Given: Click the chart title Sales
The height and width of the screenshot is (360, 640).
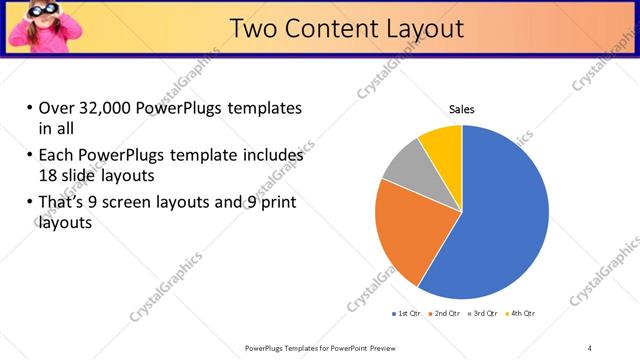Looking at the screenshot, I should pos(461,109).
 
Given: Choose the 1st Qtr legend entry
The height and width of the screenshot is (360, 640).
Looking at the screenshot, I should pos(406,314).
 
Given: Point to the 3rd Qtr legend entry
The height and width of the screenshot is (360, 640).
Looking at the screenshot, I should pos(480,314).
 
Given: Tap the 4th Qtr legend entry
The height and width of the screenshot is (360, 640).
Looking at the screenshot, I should pos(518,314).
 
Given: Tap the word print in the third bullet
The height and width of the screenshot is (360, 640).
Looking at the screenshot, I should pos(277,203).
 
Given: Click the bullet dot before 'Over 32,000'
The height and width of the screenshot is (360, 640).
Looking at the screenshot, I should pos(29,109).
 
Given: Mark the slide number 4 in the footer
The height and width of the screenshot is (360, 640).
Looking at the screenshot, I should pos(590,348).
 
